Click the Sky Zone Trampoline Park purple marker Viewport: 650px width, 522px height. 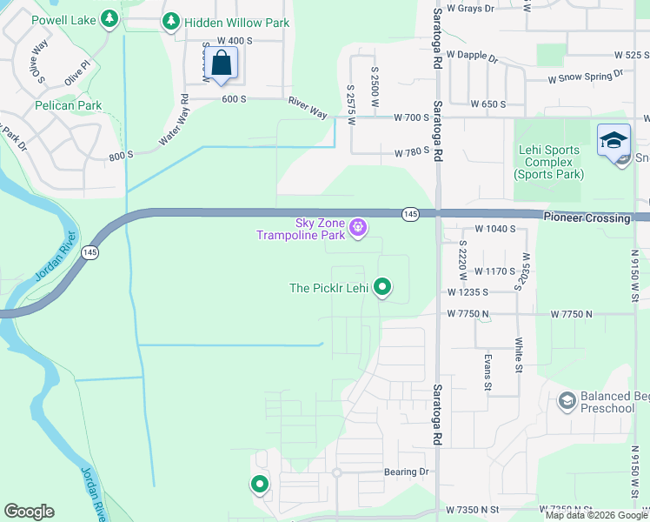point(358,229)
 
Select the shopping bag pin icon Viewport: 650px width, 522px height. point(222,64)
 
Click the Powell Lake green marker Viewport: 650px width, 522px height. point(109,17)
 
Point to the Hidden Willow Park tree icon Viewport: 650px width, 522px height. point(171,21)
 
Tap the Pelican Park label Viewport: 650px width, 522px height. point(69,106)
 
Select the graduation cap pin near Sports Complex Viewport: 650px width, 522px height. point(614,140)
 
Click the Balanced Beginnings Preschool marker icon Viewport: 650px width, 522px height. point(567,400)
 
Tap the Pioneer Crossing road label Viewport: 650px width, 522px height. point(587,217)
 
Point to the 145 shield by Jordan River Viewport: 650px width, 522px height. point(90,251)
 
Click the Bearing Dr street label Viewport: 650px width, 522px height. point(407,472)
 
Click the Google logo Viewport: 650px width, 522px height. point(29,512)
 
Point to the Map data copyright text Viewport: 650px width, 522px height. point(595,515)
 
